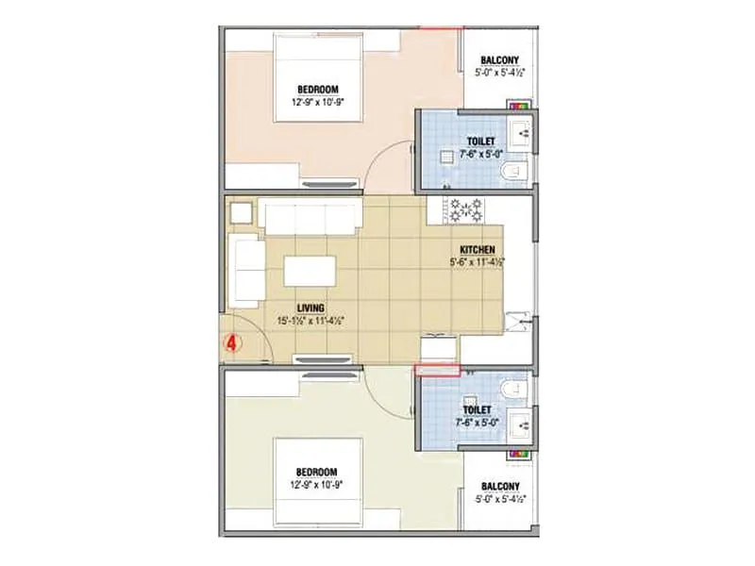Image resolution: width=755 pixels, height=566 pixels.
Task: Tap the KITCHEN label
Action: [478, 250]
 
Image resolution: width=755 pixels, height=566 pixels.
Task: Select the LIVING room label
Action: [310, 308]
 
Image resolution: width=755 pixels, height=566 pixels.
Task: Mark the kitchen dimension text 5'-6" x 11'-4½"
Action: [478, 262]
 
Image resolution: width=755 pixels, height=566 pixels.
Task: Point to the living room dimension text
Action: [310, 321]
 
